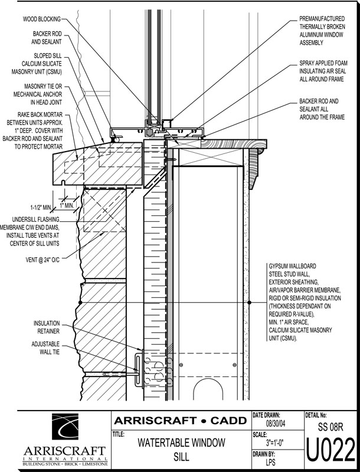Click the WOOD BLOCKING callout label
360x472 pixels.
41,19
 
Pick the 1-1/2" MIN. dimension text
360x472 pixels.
42,207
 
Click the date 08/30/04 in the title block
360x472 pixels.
276,424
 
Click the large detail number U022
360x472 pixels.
330,452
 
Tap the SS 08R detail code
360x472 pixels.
330,426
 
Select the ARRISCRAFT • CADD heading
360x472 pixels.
180,421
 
